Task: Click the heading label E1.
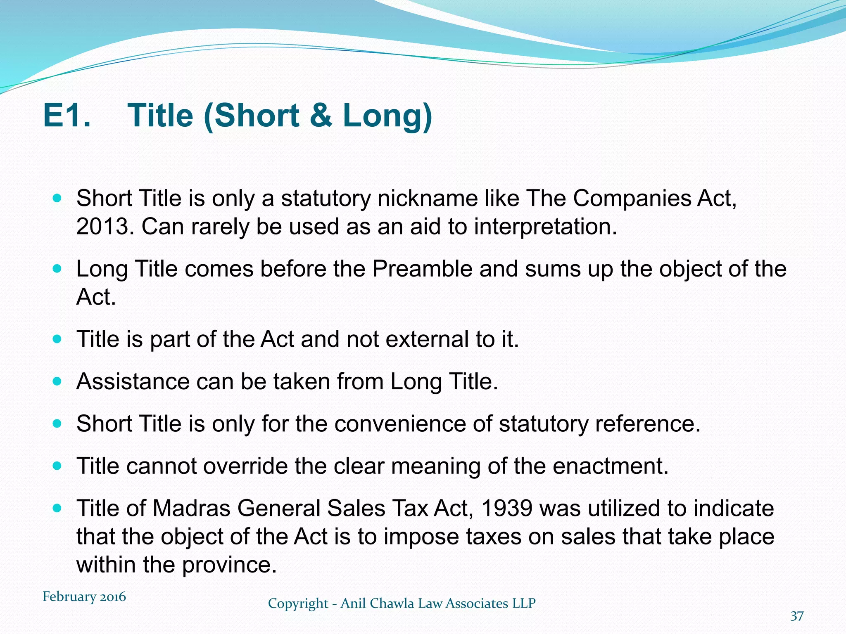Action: (x=67, y=115)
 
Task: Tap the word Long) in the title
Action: (x=387, y=115)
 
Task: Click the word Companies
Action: (x=632, y=199)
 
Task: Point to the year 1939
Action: (x=506, y=509)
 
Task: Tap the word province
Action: (x=229, y=565)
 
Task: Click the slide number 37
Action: (x=797, y=616)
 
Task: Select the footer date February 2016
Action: (x=84, y=597)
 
